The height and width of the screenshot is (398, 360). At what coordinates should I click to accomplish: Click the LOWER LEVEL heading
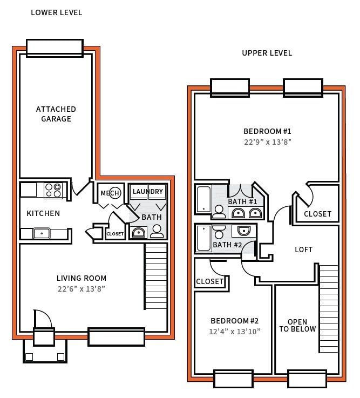[57, 12]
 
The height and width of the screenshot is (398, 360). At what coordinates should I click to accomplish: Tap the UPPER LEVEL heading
[267, 53]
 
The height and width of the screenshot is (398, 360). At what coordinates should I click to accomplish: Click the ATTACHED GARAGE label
[56, 114]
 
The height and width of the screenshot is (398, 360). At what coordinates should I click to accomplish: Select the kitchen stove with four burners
[53, 191]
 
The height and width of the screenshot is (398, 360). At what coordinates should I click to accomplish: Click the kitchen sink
[42, 233]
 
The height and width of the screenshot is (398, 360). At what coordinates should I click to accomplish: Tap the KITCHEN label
[43, 213]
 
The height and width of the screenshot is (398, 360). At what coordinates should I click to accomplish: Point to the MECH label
[110, 193]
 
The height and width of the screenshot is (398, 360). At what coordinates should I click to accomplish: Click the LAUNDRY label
[147, 192]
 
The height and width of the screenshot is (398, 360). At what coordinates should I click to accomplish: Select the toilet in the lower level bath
[157, 231]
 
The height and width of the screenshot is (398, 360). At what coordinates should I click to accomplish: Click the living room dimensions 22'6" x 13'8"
[81, 289]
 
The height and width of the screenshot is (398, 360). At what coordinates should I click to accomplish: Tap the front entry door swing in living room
[42, 319]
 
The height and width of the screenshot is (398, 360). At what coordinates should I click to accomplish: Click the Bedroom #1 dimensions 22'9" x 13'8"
[267, 142]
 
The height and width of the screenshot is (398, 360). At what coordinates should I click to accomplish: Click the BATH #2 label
[227, 245]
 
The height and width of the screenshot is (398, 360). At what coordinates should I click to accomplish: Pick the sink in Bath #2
[243, 231]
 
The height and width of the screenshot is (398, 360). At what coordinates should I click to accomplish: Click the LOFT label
[303, 249]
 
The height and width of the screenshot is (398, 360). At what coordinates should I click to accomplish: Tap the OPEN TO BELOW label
[297, 326]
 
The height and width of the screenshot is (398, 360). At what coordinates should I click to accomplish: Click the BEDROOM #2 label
[234, 320]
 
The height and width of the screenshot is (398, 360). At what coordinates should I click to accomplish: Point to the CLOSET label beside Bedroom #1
[317, 214]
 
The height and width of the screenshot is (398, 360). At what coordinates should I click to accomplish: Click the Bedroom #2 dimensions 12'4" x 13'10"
[234, 331]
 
